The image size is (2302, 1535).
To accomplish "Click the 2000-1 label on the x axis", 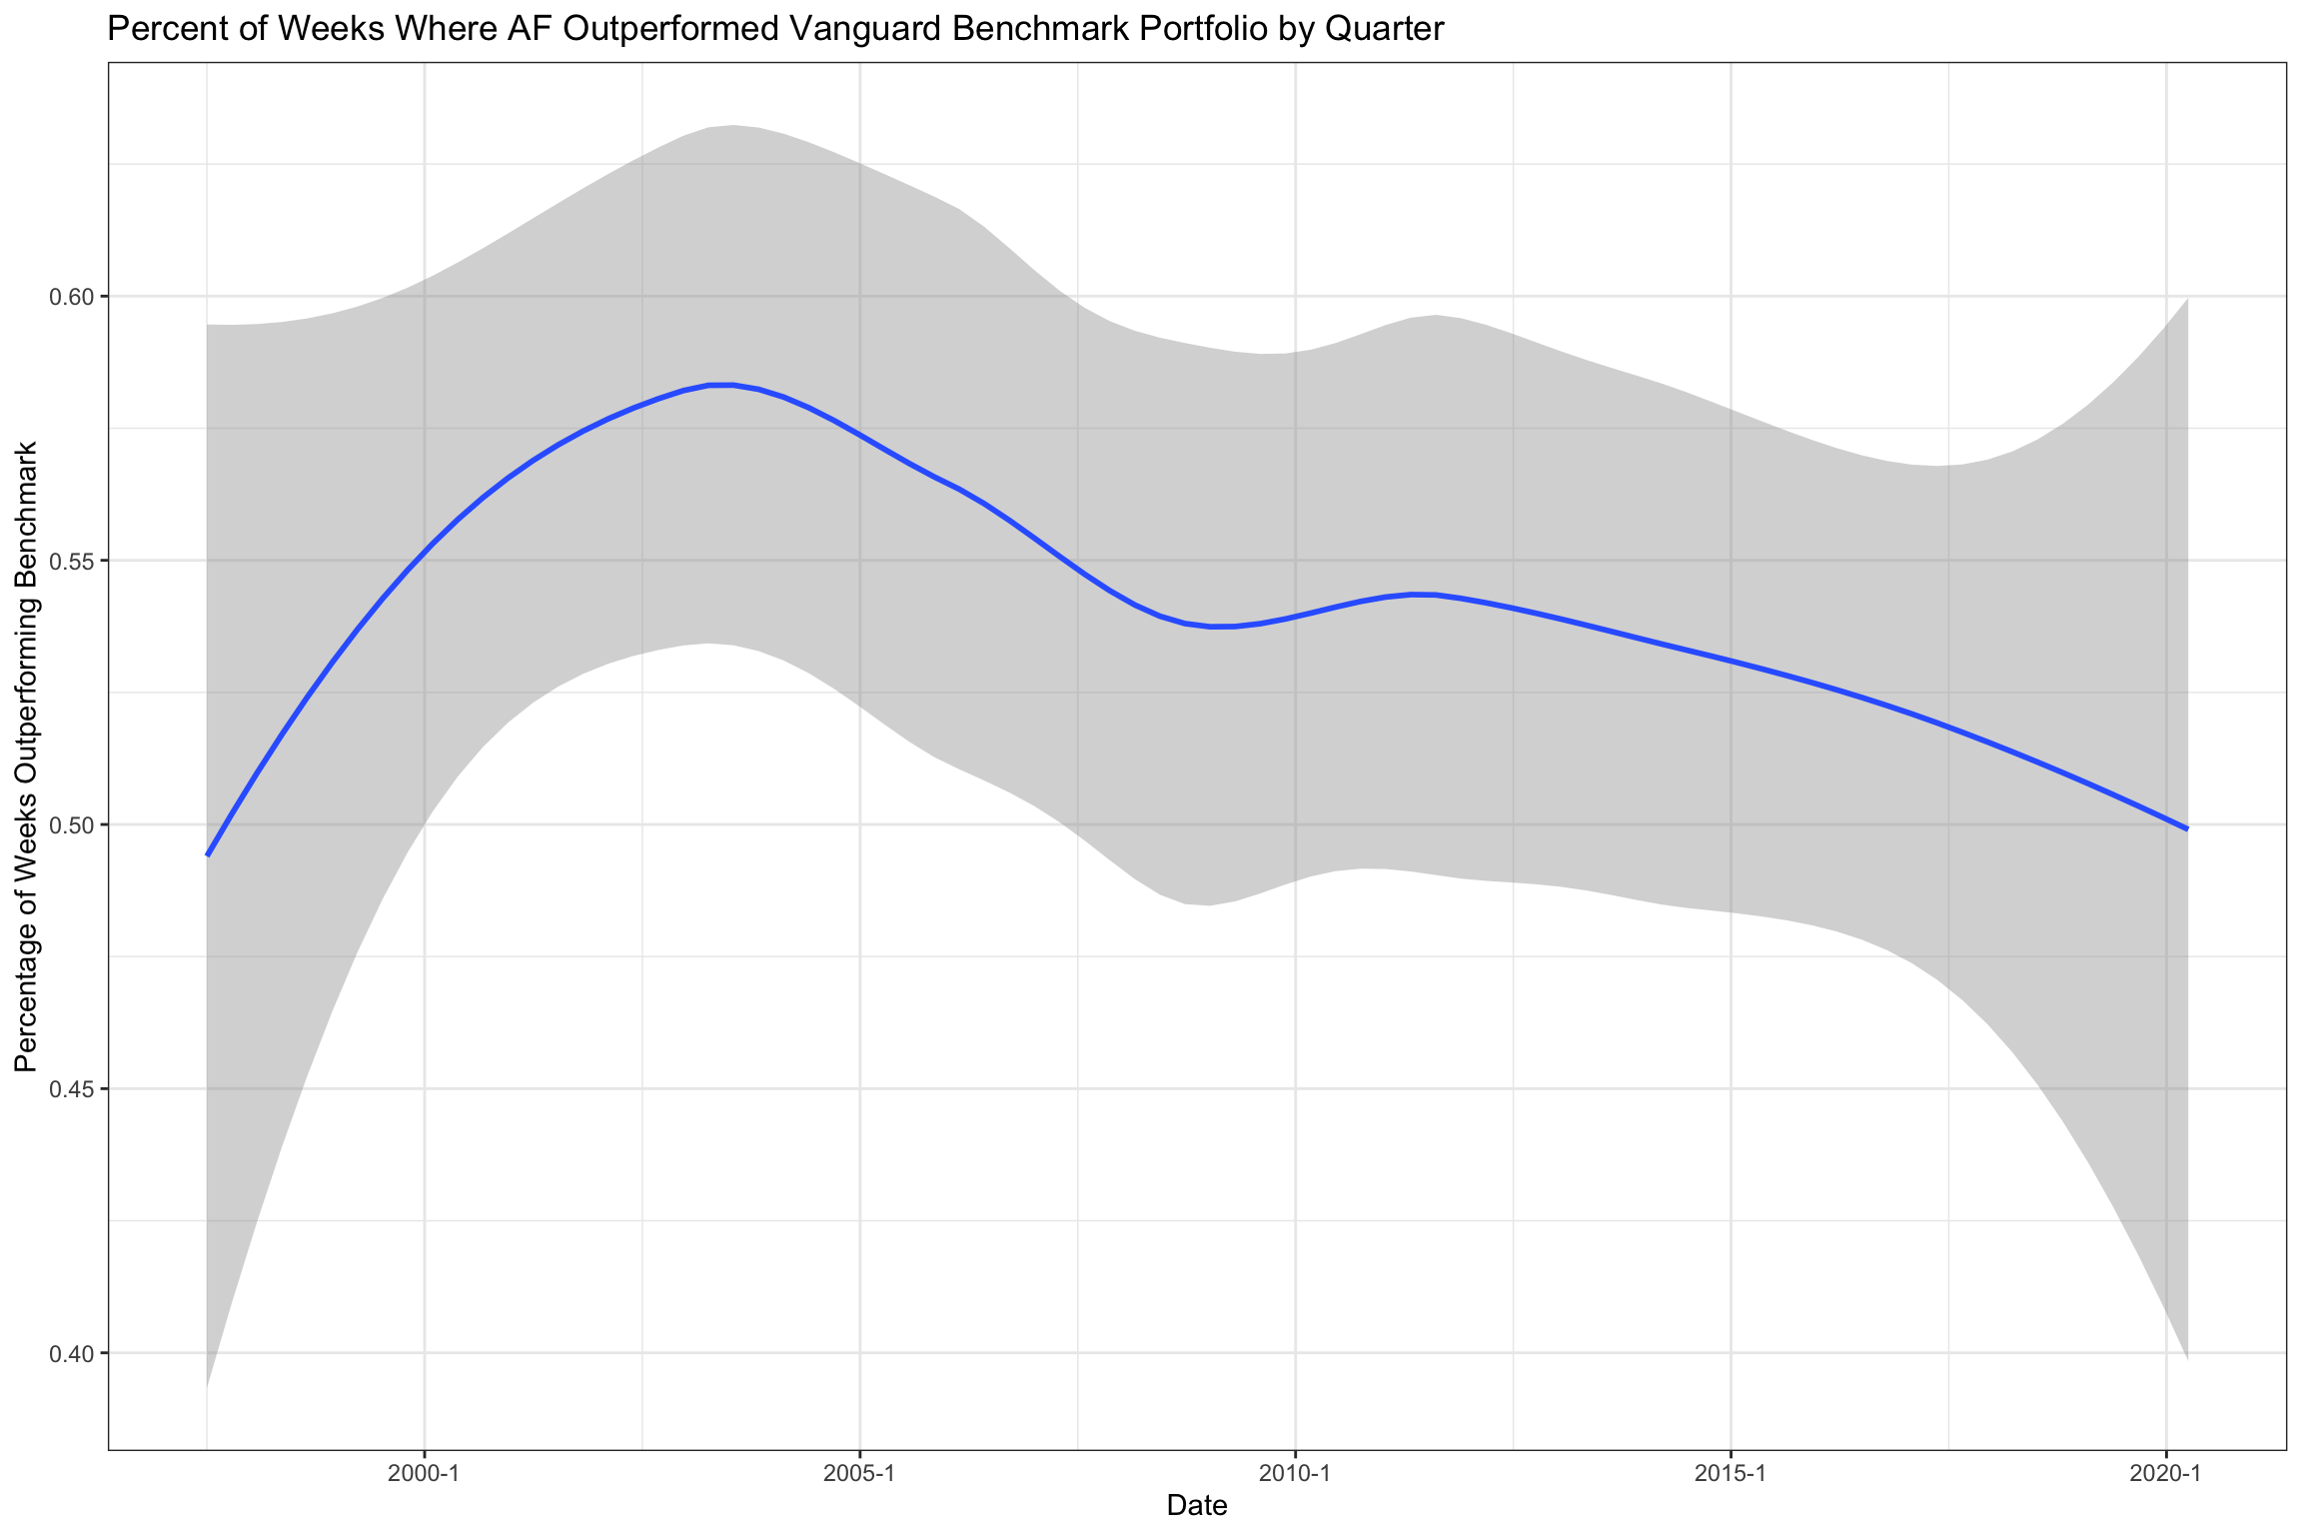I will click(x=425, y=1472).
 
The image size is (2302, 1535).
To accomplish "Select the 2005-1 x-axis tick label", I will click(x=859, y=1472).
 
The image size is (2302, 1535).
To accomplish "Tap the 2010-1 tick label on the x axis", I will click(x=1295, y=1472).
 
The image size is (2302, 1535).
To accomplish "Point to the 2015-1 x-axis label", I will click(x=1729, y=1472).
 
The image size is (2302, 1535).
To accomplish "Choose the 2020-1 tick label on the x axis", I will click(x=2165, y=1472).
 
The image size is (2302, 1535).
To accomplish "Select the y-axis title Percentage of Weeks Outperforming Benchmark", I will click(x=27, y=757).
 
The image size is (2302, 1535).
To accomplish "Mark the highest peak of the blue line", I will click(x=720, y=385).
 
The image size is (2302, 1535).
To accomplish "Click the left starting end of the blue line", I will click(x=207, y=855).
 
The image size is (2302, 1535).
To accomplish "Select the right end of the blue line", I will click(x=2188, y=828).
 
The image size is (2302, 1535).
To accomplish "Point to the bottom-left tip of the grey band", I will click(x=207, y=1388).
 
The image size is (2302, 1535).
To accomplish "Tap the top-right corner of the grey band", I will click(x=2188, y=299).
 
